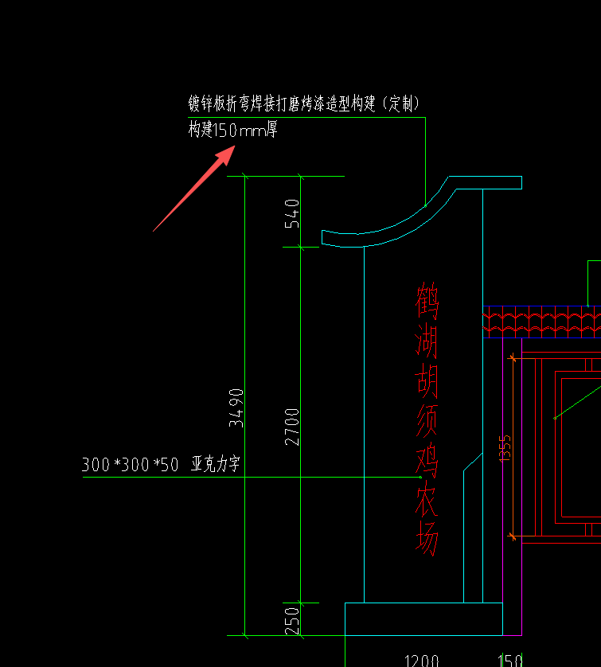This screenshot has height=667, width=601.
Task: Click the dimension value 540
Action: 292,213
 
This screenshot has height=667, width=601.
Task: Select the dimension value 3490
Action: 236,408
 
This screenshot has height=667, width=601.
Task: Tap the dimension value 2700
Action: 292,426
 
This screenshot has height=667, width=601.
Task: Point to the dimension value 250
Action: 292,619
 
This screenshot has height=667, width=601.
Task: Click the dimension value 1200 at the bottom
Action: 422,660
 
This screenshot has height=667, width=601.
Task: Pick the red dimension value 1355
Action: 505,447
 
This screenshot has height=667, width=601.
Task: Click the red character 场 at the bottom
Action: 427,541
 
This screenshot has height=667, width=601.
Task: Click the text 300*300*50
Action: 131,465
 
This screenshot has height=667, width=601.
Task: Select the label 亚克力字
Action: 215,465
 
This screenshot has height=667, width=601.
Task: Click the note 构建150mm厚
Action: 232,131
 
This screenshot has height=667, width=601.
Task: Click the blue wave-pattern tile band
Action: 541,322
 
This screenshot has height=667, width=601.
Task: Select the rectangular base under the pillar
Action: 423,618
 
